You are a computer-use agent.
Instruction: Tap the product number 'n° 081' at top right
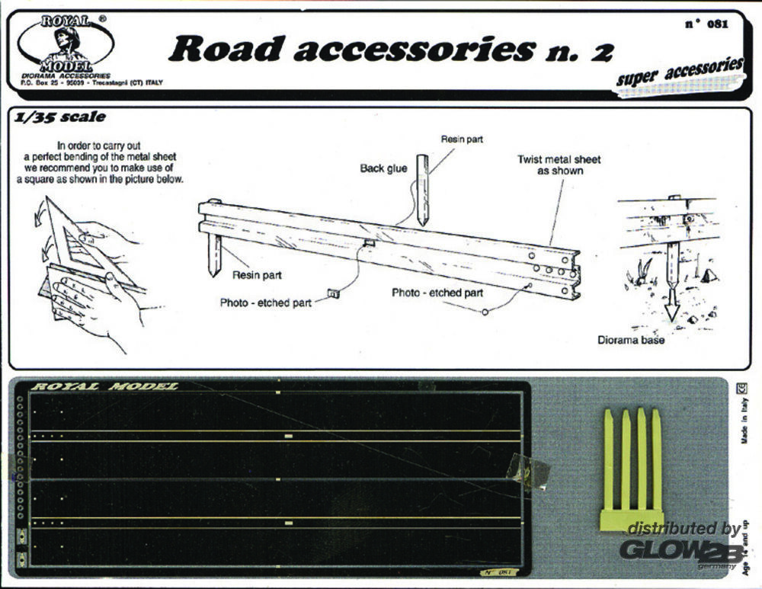click(707, 23)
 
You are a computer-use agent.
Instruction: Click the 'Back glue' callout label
click(383, 168)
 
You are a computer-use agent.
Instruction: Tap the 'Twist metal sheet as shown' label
click(559, 165)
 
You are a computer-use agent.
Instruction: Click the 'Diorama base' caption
click(632, 340)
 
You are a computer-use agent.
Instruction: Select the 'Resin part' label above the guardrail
click(462, 139)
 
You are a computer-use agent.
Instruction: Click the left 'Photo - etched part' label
click(265, 303)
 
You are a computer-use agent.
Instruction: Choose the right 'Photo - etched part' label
click(437, 292)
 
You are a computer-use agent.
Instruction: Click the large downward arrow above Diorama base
click(671, 293)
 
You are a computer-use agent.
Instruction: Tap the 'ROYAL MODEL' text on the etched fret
click(104, 386)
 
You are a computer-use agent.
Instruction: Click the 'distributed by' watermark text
click(684, 529)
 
